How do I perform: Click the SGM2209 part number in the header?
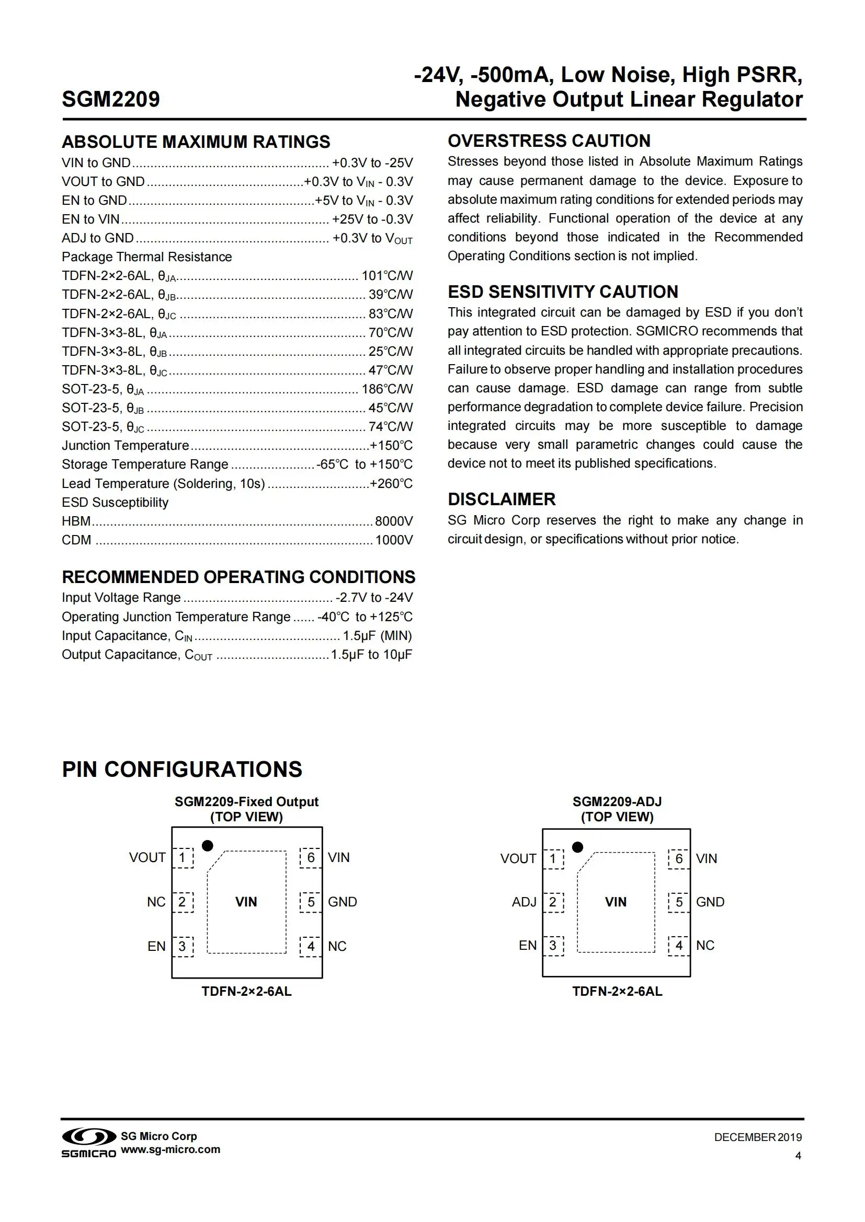(111, 100)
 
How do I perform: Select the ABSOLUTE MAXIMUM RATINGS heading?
(196, 142)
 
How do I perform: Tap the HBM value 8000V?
(394, 521)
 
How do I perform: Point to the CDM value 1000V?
(394, 540)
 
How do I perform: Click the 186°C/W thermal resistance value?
(387, 389)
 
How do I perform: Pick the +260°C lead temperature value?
(392, 483)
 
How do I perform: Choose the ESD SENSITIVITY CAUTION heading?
(563, 292)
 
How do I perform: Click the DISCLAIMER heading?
(501, 499)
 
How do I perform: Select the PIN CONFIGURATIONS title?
(182, 770)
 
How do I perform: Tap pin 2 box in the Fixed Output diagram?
(182, 902)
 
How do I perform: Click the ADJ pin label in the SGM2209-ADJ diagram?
(523, 902)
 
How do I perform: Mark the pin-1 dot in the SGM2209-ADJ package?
(577, 847)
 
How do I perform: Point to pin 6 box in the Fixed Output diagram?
(311, 857)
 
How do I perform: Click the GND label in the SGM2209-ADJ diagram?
(710, 902)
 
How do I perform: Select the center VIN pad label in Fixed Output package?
(246, 902)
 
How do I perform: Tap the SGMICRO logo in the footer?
(88, 1143)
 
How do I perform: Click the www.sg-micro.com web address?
(170, 1149)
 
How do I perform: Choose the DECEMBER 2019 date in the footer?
(757, 1137)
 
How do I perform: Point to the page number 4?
(798, 1156)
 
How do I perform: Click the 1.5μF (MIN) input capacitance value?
(377, 636)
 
